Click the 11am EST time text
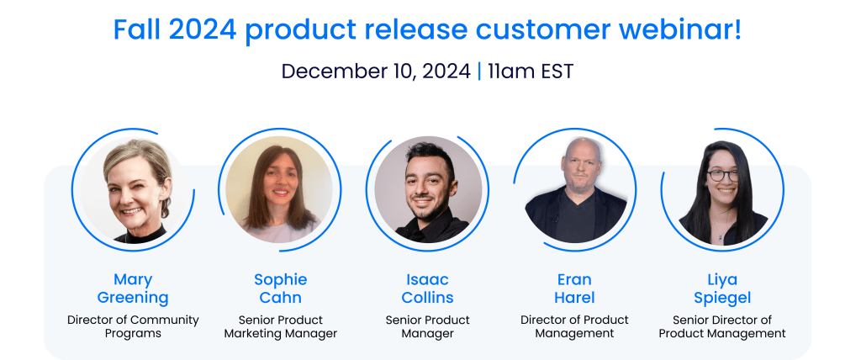tap(531, 71)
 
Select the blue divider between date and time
tap(478, 71)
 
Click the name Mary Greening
tap(133, 289)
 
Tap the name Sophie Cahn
tap(281, 289)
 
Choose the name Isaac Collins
tap(428, 289)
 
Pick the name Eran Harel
tap(574, 289)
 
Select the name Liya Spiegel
tap(722, 289)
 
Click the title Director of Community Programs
tap(133, 326)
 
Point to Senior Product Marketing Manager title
tap(281, 326)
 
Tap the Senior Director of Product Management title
tap(722, 326)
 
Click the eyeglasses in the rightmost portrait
tap(722, 175)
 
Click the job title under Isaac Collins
tap(428, 326)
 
